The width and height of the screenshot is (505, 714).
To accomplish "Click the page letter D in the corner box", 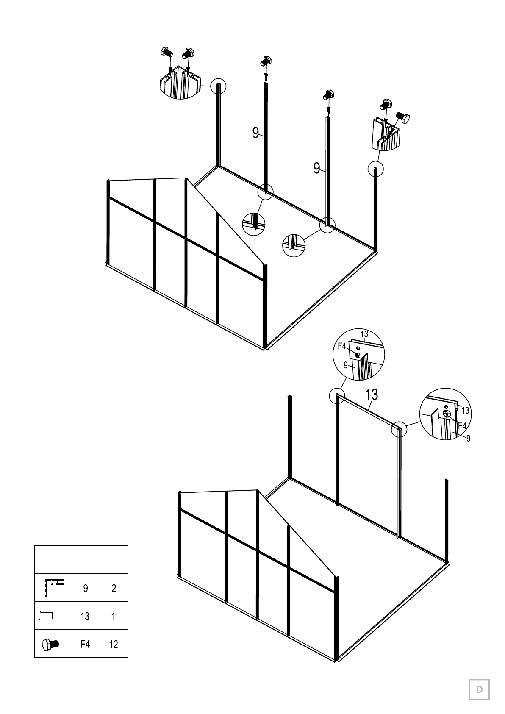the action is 479,689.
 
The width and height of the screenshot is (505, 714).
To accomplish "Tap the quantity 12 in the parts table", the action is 114,644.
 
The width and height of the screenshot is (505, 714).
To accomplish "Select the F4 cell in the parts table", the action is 85,644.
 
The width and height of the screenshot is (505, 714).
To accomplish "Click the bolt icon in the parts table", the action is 51,644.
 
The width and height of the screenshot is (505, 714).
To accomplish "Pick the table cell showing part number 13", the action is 85,616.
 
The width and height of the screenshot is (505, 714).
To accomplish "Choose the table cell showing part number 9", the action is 86,588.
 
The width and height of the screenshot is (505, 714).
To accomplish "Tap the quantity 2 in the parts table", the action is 114,588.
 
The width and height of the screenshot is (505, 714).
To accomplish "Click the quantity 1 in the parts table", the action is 113,616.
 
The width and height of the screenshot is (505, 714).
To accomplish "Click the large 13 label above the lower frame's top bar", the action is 371,395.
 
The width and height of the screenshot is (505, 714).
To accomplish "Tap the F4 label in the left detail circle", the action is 342,346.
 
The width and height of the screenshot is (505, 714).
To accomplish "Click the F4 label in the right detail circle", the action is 462,426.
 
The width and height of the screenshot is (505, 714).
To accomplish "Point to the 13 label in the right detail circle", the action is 465,410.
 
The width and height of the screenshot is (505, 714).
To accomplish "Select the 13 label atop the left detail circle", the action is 364,334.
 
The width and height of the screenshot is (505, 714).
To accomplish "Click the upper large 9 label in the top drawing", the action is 255,133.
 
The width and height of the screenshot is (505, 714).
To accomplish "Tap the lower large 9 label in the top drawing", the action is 316,168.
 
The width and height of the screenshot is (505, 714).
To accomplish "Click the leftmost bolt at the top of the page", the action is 166,52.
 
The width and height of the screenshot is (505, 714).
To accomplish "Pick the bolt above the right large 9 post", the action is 328,95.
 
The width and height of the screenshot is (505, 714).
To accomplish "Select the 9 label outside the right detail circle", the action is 469,438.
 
